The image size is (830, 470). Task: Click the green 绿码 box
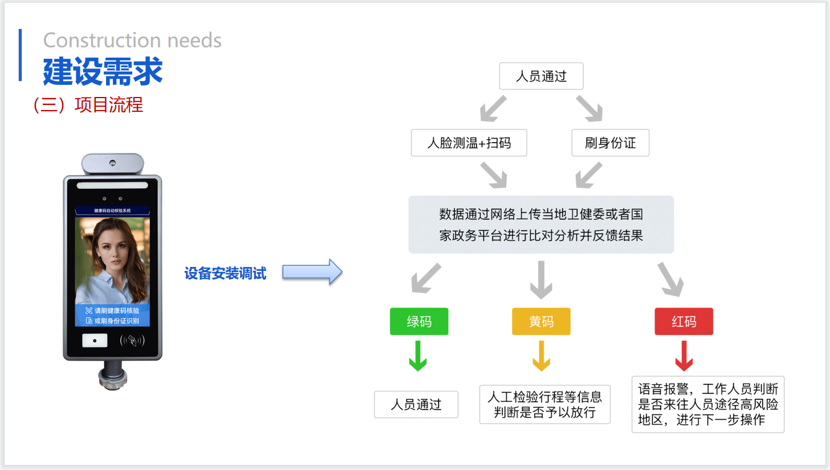point(419,322)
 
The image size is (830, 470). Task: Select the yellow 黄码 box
point(541,322)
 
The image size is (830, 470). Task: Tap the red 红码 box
point(683,322)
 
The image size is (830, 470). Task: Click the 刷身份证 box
point(610,143)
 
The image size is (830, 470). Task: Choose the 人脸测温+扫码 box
point(469,143)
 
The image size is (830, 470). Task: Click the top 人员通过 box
point(541,76)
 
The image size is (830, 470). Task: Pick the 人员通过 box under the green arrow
point(416,404)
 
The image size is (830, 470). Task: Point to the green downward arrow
point(418,356)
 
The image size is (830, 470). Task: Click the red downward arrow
point(683,356)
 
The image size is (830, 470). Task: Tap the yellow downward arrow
point(541,356)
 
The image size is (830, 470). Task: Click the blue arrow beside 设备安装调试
point(312,272)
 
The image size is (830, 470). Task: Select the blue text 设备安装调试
point(225,274)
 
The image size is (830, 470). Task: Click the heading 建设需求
point(103,72)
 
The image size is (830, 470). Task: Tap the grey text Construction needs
point(132,40)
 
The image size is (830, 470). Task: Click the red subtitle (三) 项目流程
point(88,105)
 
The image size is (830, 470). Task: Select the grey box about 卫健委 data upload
point(541,225)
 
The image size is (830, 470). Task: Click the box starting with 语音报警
point(708,404)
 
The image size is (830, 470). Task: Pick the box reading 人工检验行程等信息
point(544,404)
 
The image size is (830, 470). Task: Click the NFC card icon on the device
point(132,341)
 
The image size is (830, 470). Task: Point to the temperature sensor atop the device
point(112,164)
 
